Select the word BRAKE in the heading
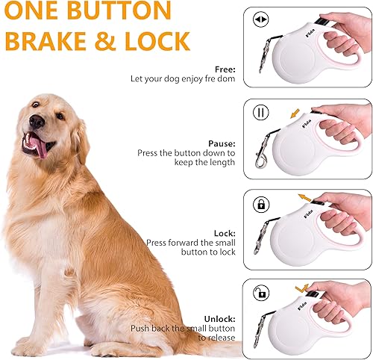click(x=50, y=40)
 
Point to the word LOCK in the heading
click(x=154, y=40)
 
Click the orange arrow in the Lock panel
click(x=304, y=198)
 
